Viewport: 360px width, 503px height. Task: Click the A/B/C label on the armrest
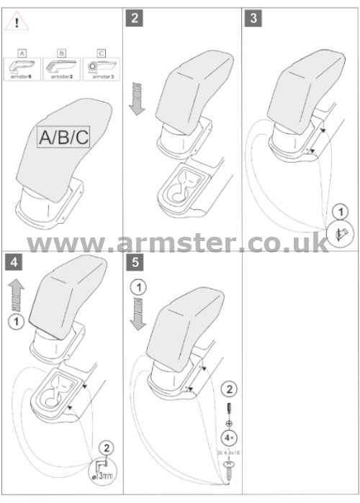coord(64,137)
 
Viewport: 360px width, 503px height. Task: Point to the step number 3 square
coord(253,19)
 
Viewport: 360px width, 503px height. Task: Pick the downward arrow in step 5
coord(135,316)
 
